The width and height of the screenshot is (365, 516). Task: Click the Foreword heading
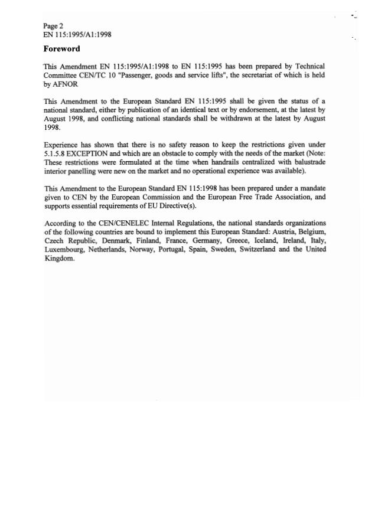62,48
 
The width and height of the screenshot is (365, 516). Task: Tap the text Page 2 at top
53,27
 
